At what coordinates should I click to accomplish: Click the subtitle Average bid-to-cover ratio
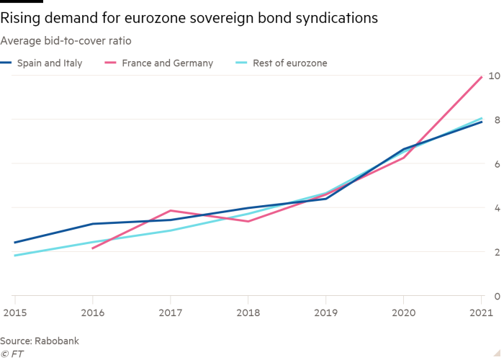(66, 40)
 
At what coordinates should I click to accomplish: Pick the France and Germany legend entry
(167, 63)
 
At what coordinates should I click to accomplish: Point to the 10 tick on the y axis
(495, 75)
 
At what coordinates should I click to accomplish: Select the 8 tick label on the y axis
(495, 120)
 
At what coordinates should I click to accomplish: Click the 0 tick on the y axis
(495, 296)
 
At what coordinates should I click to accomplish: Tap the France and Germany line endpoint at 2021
(481, 77)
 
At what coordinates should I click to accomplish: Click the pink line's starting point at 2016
(92, 248)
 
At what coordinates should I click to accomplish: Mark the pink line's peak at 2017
(170, 210)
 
